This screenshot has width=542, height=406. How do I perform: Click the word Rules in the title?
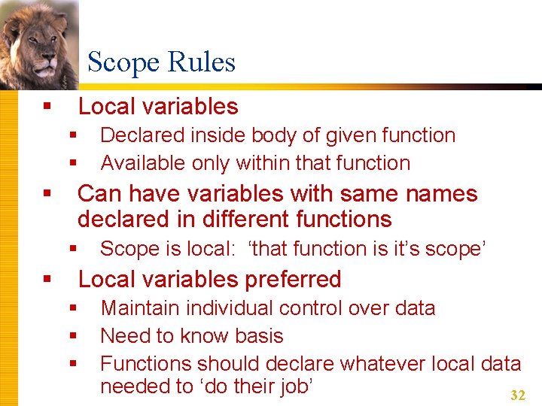pos(203,62)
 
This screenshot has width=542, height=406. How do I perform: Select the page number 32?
pos(517,395)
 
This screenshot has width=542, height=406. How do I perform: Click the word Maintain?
pos(139,308)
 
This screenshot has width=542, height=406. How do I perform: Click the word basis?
pos(259,335)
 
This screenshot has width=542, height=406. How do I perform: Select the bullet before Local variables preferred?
pos(47,280)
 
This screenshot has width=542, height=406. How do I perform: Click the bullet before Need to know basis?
pos(73,336)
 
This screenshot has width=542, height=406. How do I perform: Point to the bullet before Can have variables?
pos(47,194)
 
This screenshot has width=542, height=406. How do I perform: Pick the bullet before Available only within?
pos(73,163)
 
